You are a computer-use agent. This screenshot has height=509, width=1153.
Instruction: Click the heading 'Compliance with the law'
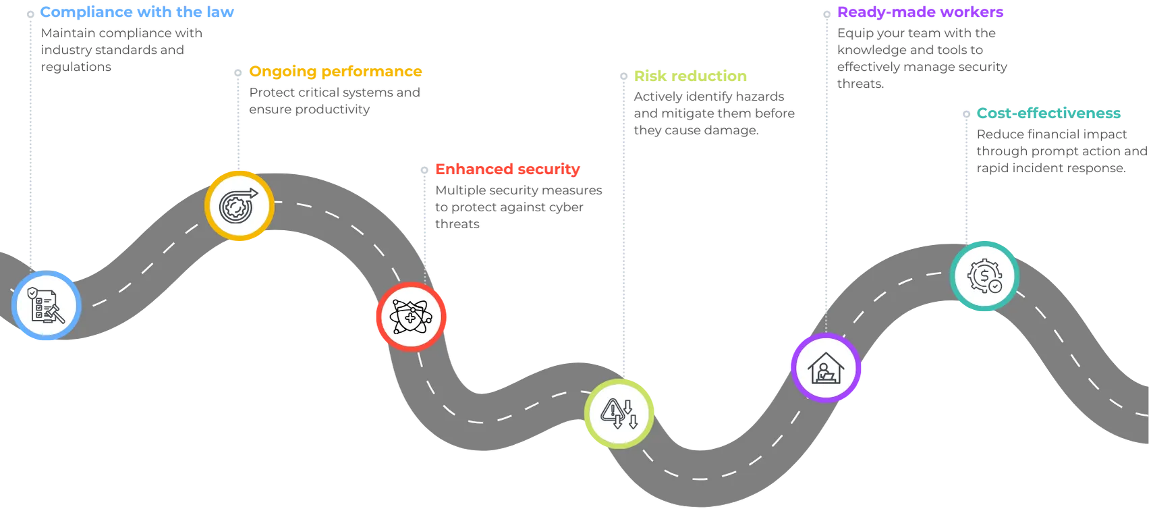tap(137, 12)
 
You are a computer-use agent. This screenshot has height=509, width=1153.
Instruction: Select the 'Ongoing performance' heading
tap(335, 72)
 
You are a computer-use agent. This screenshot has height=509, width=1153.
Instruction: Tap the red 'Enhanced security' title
tap(507, 169)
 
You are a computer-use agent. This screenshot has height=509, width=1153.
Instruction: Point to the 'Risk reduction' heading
tap(690, 76)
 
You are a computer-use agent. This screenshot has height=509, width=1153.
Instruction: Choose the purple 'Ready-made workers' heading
tap(920, 12)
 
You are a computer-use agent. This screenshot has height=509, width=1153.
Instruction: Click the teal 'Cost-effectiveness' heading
tap(1048, 113)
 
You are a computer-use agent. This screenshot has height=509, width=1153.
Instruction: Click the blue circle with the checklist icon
tap(47, 306)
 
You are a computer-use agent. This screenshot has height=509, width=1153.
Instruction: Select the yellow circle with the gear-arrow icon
tap(240, 206)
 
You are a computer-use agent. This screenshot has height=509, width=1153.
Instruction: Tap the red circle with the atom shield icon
tap(412, 317)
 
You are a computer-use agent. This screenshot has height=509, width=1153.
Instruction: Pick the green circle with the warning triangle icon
tap(619, 414)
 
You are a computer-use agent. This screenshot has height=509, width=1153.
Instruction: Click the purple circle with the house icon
tap(826, 368)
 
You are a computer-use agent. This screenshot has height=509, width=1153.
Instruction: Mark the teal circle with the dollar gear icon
tap(985, 276)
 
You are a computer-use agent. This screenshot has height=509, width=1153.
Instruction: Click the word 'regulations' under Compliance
tap(76, 68)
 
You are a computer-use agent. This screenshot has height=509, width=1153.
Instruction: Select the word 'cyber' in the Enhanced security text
tap(565, 207)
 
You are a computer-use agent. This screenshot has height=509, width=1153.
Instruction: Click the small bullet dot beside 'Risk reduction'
tap(624, 76)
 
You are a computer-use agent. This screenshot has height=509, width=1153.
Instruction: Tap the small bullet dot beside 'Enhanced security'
tap(424, 170)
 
